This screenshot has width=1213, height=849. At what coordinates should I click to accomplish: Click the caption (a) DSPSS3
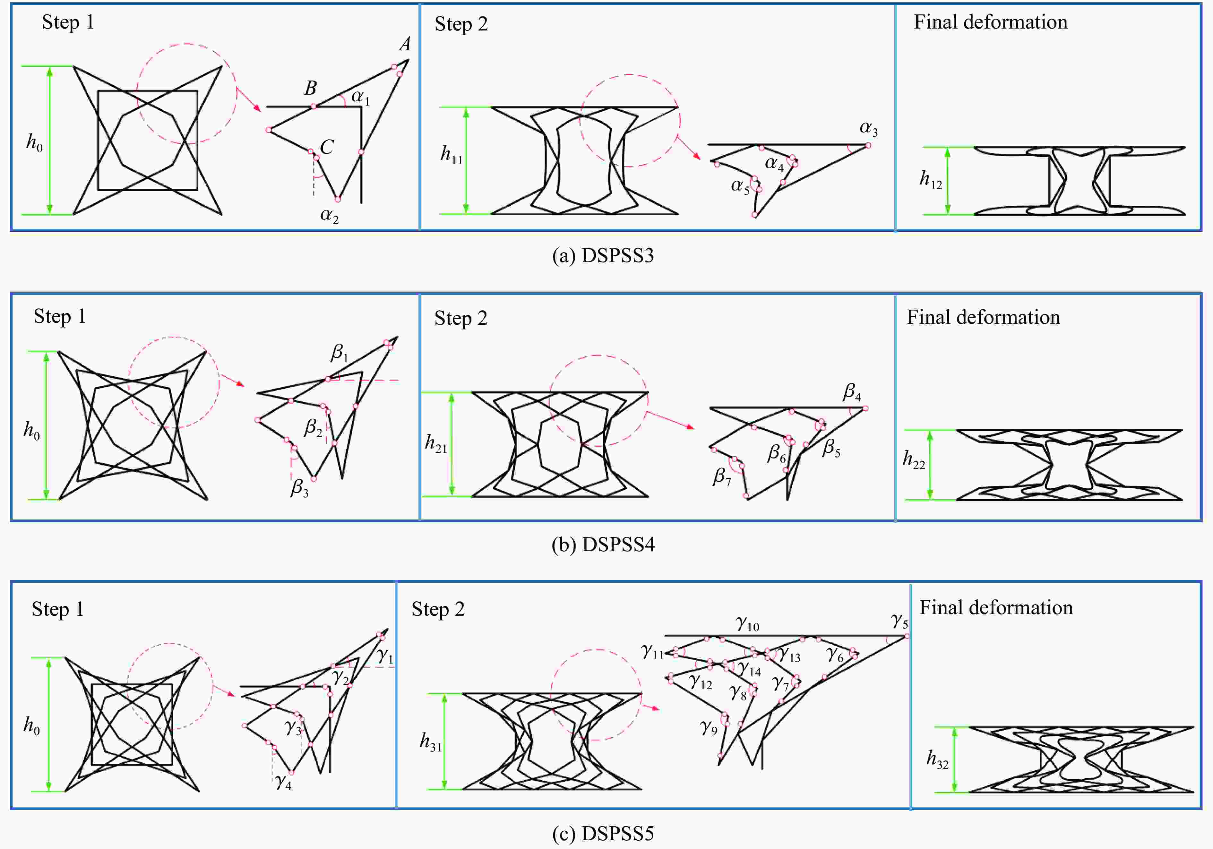pyautogui.click(x=603, y=256)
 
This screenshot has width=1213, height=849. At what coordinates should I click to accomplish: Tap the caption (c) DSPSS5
pyautogui.click(x=603, y=834)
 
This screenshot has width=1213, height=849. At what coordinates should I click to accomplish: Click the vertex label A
pyautogui.click(x=405, y=44)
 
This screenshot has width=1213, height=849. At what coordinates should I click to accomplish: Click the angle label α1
pyautogui.click(x=360, y=97)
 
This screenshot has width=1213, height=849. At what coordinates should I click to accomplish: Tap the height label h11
pyautogui.click(x=452, y=155)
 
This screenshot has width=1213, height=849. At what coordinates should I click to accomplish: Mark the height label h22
pyautogui.click(x=914, y=459)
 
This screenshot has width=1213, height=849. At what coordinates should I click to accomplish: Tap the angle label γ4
pyautogui.click(x=283, y=781)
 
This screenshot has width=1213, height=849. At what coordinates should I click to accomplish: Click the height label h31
pyautogui.click(x=431, y=742)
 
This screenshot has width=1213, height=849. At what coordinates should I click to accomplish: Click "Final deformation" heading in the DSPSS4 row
pyautogui.click(x=983, y=317)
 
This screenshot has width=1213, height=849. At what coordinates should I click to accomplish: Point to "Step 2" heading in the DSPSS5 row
pyautogui.click(x=438, y=609)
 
